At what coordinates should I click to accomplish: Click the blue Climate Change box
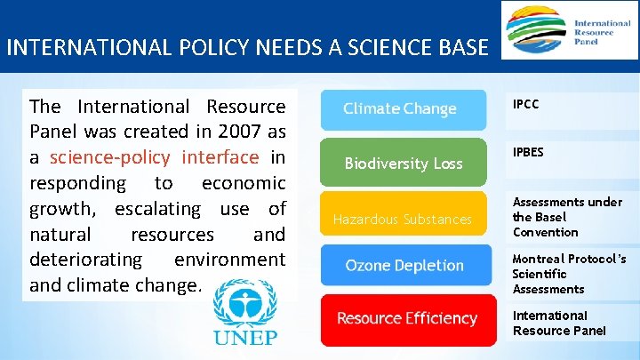click(x=402, y=109)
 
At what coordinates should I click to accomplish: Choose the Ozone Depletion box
click(x=404, y=266)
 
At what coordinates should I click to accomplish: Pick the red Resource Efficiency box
click(x=407, y=318)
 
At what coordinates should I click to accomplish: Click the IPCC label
click(x=526, y=104)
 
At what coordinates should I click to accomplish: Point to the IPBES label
click(x=528, y=152)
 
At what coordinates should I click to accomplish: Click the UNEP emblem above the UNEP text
click(x=244, y=303)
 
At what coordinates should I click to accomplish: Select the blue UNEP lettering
click(x=244, y=337)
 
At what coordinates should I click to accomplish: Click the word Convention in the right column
click(x=545, y=232)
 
